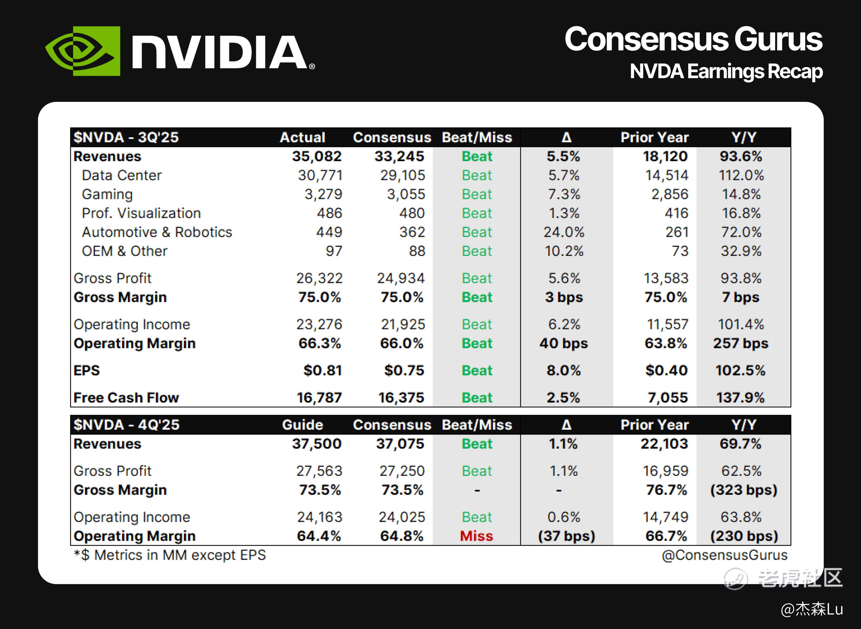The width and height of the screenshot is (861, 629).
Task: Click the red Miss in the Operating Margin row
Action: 477,536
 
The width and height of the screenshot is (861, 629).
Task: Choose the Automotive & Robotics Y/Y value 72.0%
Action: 741,232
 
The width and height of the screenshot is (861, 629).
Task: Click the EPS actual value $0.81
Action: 323,370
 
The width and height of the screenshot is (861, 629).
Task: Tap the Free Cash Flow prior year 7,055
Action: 668,397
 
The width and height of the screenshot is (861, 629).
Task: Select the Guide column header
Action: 302,425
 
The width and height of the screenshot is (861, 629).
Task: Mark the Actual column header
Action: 302,137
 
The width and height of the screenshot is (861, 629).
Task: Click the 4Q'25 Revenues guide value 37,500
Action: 317,444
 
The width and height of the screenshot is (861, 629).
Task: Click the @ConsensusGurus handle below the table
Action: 725,555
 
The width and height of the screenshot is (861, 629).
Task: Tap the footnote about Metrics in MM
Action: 170,555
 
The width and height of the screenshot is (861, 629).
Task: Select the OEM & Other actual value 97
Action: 334,251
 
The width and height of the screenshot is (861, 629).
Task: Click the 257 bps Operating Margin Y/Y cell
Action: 741,343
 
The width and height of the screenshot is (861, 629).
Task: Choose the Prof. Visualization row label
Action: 141,213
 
